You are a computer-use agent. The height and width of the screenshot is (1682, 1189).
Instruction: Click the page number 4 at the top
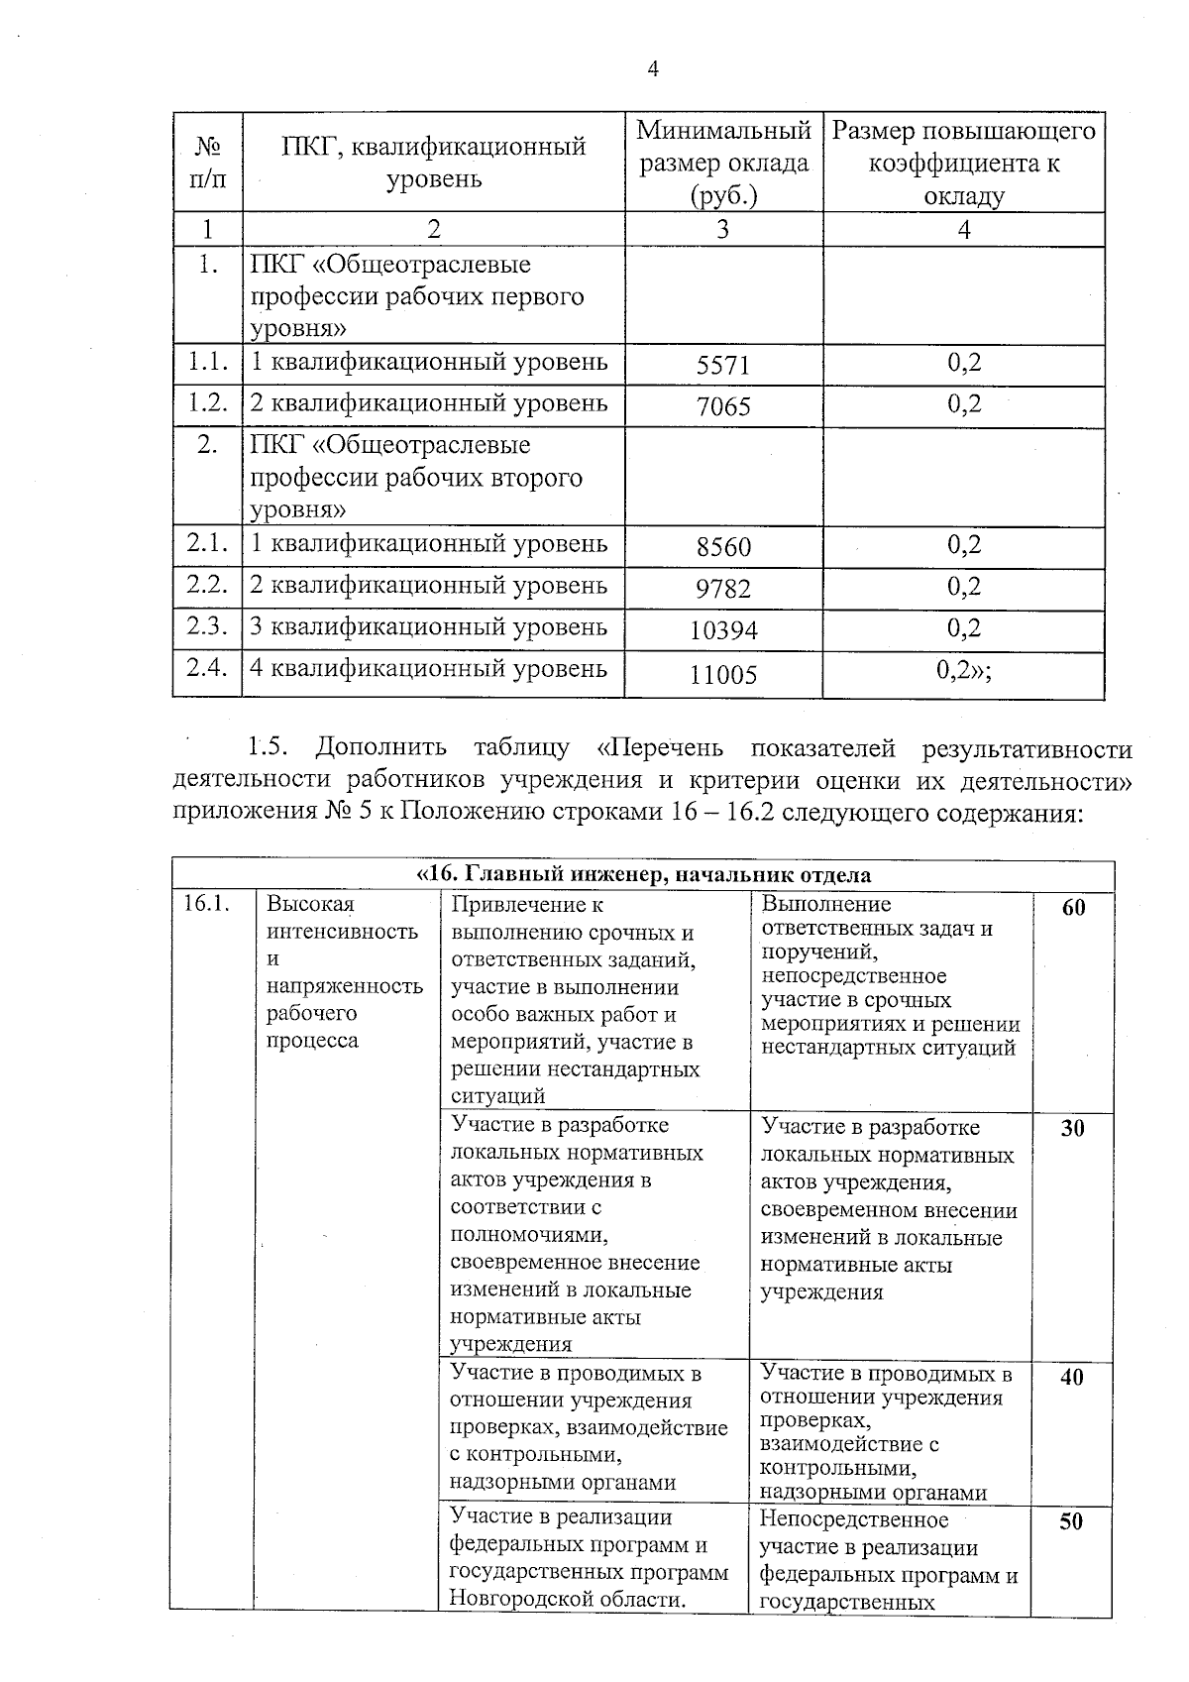click(x=652, y=68)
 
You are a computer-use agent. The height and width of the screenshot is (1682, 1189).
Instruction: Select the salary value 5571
click(x=723, y=366)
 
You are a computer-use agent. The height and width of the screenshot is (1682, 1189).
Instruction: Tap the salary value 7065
click(x=723, y=406)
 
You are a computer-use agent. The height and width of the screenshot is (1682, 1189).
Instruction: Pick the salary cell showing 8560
click(x=723, y=547)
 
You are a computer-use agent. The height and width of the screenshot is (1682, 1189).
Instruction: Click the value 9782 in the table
click(x=723, y=589)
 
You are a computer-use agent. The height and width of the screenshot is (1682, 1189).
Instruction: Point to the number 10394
click(x=723, y=630)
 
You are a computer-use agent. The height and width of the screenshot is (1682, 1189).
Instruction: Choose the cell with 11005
click(x=723, y=675)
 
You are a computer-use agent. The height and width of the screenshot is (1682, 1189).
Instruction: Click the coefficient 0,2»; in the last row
click(x=963, y=670)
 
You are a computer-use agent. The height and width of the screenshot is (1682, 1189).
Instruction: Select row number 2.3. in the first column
click(x=207, y=626)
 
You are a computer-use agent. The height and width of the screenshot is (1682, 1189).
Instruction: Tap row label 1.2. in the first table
click(x=207, y=403)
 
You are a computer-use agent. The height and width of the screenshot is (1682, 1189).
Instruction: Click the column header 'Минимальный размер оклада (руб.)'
click(x=723, y=163)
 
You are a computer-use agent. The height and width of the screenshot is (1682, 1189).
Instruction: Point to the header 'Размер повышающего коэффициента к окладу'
click(x=963, y=163)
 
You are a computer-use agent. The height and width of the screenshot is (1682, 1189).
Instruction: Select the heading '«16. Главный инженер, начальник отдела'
click(x=643, y=875)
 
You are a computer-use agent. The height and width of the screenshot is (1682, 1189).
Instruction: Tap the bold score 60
click(x=1073, y=908)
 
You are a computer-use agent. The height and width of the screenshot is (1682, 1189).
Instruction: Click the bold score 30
click(x=1072, y=1128)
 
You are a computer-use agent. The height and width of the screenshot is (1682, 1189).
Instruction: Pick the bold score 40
click(x=1072, y=1377)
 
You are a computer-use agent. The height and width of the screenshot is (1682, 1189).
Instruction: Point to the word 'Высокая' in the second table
click(x=310, y=904)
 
